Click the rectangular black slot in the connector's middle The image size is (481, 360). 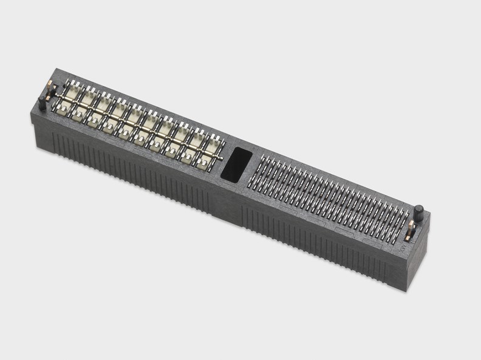click(237, 164)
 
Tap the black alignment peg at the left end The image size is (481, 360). click(42, 103)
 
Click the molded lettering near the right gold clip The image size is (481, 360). click(403, 247)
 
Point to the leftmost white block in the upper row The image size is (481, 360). click(73, 93)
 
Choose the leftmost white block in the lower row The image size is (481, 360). click(64, 109)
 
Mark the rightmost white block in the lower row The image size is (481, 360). click(205, 161)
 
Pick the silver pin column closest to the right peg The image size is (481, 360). click(403, 222)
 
